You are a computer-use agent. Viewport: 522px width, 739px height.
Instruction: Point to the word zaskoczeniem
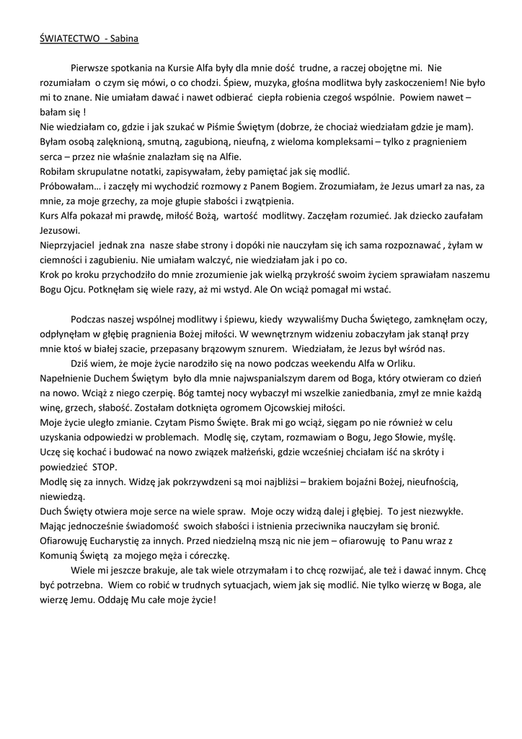coord(411,82)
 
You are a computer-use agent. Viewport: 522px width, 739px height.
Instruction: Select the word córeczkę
coord(205,556)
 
